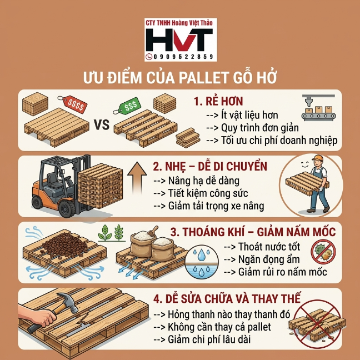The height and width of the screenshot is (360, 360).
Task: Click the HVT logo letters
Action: (179, 39)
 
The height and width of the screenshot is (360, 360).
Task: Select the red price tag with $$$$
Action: (73, 103)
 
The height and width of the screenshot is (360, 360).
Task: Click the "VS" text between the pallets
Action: (102, 125)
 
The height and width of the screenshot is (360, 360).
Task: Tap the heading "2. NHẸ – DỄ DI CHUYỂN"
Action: (210, 167)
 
